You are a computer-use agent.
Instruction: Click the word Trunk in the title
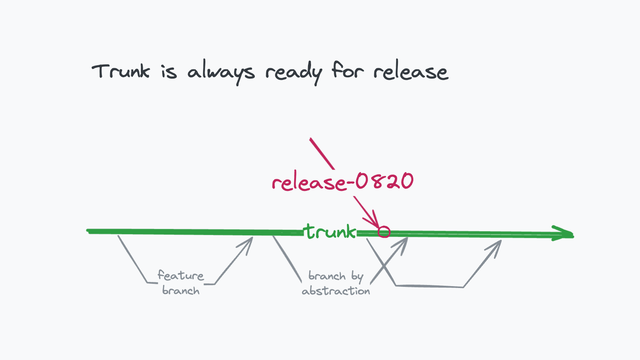pos(121,71)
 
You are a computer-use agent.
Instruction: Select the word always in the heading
pos(221,72)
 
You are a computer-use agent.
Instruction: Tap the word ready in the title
pos(293,72)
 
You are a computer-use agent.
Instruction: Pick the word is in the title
pos(169,71)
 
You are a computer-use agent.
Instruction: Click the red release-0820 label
pos(342,181)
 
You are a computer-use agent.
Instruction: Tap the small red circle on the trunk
pos(384,232)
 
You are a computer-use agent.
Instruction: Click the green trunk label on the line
pos(330,231)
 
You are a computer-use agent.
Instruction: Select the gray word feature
pos(181,276)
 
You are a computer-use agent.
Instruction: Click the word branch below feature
pos(181,291)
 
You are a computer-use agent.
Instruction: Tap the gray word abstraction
pos(336,291)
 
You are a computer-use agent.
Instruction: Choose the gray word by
pos(357,277)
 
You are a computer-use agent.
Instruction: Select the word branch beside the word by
pos(327,276)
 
